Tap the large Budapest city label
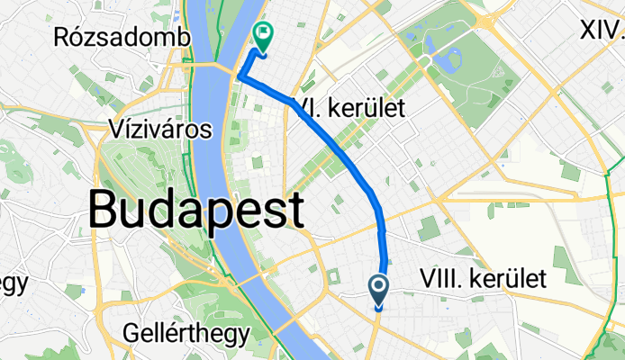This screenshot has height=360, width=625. (x=196, y=211)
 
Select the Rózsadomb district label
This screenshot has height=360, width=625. (x=122, y=38)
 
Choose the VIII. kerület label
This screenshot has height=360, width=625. (x=483, y=280)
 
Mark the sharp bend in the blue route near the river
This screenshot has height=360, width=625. (x=240, y=78)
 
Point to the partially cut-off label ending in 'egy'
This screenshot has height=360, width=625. (x=13, y=283)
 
